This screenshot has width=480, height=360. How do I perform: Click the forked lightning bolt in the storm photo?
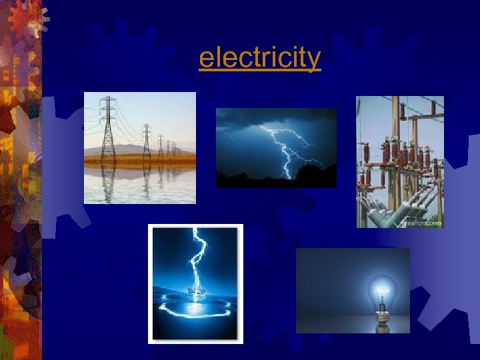[x=287, y=147]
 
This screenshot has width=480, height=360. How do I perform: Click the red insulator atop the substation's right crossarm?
[x=433, y=107]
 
